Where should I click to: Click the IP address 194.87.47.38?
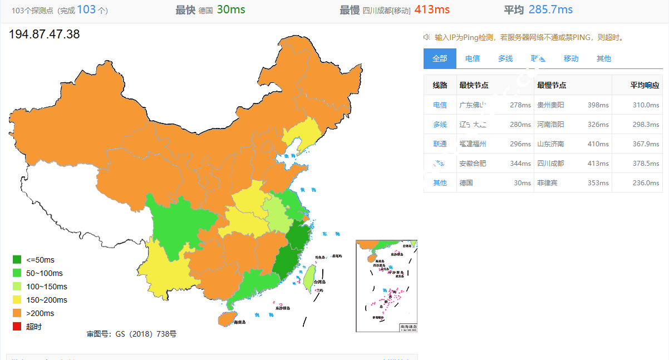[45, 34]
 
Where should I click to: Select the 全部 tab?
[440, 58]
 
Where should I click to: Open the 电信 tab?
[473, 58]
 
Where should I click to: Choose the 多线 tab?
[505, 58]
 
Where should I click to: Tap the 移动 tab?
[571, 58]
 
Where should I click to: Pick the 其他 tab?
[604, 58]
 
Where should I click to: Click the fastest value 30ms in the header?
[231, 9]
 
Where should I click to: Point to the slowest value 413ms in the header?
[432, 9]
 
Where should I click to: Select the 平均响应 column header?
[645, 85]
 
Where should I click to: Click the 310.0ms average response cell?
[646, 105]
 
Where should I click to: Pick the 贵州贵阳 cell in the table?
[550, 105]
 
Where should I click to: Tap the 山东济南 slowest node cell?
[550, 144]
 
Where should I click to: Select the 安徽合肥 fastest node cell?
[473, 163]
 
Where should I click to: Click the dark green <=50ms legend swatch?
[17, 260]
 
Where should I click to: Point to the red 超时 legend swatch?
[17, 327]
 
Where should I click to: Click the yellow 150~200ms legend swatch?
[17, 300]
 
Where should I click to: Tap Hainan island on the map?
[225, 318]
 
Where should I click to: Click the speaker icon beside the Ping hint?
[427, 37]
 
